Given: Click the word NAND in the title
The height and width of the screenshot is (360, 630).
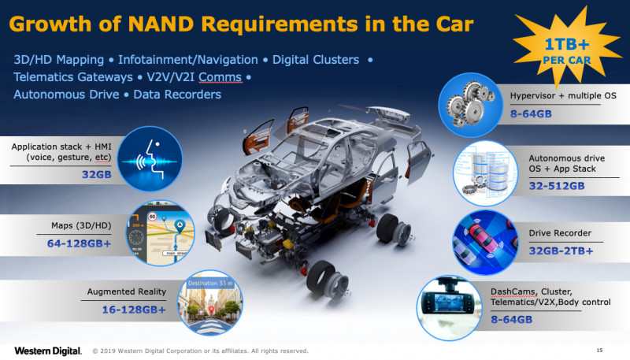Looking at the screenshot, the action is [x=161, y=24].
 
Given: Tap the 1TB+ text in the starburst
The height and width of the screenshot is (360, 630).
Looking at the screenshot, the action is [x=566, y=44].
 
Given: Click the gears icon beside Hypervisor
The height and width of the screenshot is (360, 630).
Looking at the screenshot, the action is [x=470, y=106].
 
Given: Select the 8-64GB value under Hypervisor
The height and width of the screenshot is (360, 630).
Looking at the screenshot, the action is [x=531, y=113].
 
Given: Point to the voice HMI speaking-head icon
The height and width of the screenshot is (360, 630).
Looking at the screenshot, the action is [x=150, y=158].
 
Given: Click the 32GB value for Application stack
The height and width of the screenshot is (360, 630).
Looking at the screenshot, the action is [x=96, y=174].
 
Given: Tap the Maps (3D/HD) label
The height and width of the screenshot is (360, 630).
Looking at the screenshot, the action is [x=81, y=225].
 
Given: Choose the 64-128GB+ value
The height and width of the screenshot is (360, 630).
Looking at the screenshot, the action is [x=80, y=243].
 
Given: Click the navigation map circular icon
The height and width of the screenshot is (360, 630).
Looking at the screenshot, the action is [x=161, y=233].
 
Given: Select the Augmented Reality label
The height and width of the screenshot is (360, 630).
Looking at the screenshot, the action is [x=127, y=291].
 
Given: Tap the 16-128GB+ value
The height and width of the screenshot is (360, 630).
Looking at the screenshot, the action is [x=134, y=310].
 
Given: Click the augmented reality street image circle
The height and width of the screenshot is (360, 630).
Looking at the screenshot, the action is [x=210, y=303].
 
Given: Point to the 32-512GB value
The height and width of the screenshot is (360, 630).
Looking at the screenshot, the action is [x=557, y=186].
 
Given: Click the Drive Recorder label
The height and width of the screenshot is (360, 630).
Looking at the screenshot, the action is [x=560, y=233].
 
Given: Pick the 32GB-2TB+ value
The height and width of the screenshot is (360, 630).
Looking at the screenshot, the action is [x=561, y=251].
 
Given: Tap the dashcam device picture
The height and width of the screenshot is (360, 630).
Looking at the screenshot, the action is [x=449, y=306].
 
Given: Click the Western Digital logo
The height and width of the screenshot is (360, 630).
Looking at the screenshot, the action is [x=48, y=351].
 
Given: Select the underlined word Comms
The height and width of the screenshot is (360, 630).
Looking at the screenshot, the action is [x=220, y=76].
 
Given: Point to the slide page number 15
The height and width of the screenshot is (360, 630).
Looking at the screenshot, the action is [x=599, y=351].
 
